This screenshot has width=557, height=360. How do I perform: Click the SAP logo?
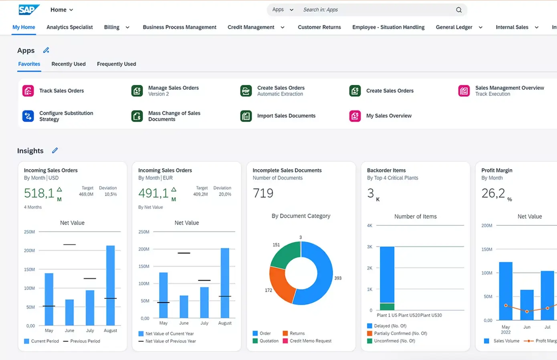pos(29,10)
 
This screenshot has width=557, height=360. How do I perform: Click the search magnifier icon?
pos(459,10)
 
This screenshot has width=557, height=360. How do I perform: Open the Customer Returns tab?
pos(319,27)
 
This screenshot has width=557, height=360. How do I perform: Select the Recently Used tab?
pos(69,64)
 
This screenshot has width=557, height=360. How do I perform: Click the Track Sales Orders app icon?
pos(28,91)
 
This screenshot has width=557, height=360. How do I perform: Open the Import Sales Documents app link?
pos(286,116)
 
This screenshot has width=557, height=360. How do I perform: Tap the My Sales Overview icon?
pos(355,116)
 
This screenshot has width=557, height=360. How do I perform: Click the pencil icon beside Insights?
pos(55,150)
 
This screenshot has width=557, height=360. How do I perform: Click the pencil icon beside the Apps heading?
pos(46,50)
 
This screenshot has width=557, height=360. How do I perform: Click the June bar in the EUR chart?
pos(184,307)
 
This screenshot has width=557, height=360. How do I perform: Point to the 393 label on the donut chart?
pos(338,278)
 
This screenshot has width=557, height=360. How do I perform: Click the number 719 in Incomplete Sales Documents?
pos(263,193)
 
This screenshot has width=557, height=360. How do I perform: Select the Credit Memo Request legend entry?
pos(310,341)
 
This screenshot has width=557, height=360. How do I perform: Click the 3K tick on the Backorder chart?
pos(369,247)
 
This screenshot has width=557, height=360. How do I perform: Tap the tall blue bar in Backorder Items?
pos(387,275)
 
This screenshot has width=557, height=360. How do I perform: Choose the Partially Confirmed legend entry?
pos(400,334)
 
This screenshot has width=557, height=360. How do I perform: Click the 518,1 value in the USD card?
pos(39,193)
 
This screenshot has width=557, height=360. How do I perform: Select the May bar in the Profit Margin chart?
pos(506,291)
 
